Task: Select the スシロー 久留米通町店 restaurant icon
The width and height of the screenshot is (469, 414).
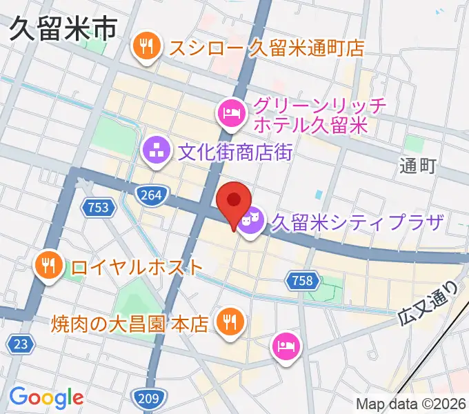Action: coord(146,48)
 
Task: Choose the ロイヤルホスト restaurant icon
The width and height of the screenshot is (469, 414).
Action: coord(49,266)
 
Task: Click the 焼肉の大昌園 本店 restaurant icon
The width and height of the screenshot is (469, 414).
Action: coord(227,322)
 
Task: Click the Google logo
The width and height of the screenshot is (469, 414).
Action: coord(46,397)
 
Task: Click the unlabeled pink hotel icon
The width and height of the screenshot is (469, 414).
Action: coord(285,344)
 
